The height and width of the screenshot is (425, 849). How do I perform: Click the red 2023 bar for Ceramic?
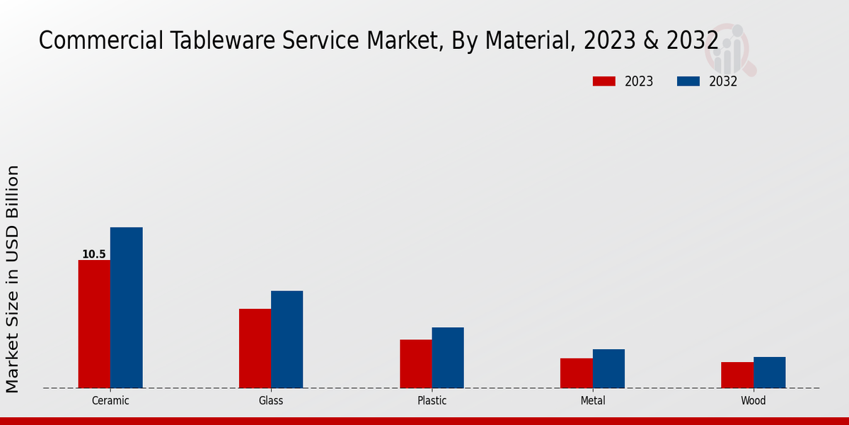click(x=94, y=324)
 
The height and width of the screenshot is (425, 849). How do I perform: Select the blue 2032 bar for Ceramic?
click(x=126, y=307)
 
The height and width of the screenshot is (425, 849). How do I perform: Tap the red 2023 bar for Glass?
click(x=255, y=348)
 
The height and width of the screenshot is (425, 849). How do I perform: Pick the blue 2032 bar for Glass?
click(x=287, y=339)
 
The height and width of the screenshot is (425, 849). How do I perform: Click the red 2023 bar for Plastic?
click(x=416, y=363)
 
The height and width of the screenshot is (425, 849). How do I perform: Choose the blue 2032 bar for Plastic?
click(x=448, y=357)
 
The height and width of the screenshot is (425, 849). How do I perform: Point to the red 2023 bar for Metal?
click(x=577, y=373)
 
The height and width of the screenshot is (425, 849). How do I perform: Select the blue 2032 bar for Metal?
click(x=608, y=368)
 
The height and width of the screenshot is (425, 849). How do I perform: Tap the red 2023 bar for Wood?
click(x=737, y=375)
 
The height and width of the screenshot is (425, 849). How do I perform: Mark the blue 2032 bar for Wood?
click(x=769, y=372)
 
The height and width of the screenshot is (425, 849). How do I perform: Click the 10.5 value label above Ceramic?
click(x=94, y=254)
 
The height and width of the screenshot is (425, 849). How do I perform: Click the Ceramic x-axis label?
click(x=110, y=401)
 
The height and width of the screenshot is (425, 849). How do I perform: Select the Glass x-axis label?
click(x=271, y=401)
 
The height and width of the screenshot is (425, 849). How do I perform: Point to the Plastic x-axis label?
click(x=432, y=401)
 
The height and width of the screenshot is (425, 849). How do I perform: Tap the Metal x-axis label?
click(x=593, y=401)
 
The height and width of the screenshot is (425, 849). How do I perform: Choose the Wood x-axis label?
click(x=753, y=401)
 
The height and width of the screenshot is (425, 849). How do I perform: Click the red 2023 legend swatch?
click(x=603, y=81)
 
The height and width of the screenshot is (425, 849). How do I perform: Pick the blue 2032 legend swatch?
click(x=688, y=81)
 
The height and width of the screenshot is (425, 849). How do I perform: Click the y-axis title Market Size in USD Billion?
click(x=13, y=278)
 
